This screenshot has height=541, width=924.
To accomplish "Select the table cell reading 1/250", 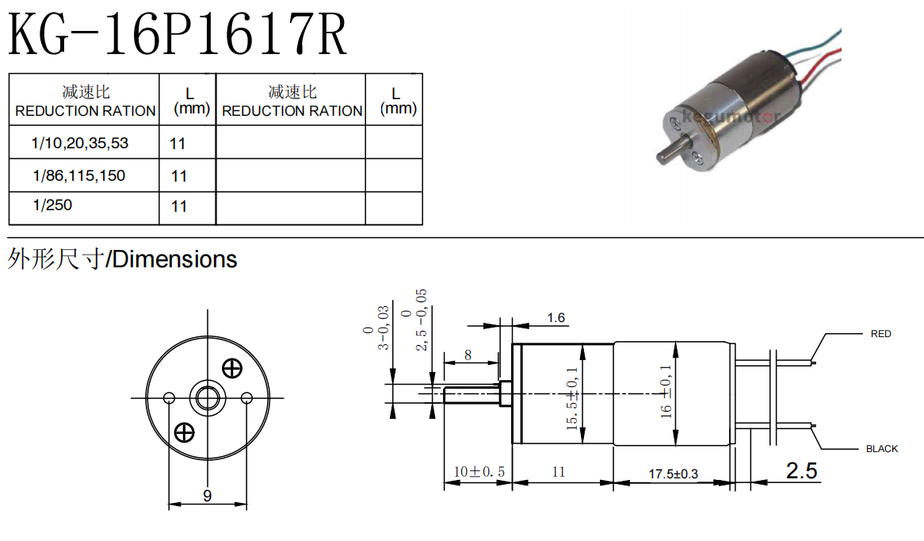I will (x=52, y=205).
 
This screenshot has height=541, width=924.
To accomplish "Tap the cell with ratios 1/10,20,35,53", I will (x=80, y=144).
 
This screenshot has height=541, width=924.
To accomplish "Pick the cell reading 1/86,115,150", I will (x=79, y=175).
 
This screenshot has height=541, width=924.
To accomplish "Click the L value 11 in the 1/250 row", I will (x=179, y=206).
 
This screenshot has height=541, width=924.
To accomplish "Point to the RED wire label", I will (x=880, y=334).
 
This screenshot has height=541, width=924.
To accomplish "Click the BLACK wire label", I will (x=881, y=449).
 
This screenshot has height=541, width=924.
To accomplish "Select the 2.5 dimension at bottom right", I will (x=801, y=471).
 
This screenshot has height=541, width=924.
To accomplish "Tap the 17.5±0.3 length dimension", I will (x=673, y=474).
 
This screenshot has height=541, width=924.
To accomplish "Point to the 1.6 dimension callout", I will (x=556, y=318).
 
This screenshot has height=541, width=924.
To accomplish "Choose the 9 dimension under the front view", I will (x=207, y=496).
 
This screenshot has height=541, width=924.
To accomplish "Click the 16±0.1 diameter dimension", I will (x=666, y=392).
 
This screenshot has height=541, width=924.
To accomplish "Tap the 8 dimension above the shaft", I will (x=468, y=355).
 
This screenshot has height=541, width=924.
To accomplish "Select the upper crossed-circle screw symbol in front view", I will (x=232, y=368).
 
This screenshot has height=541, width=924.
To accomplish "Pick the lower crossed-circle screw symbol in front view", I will (x=184, y=432).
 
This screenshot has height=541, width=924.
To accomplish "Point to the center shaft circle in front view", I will (x=208, y=397).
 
